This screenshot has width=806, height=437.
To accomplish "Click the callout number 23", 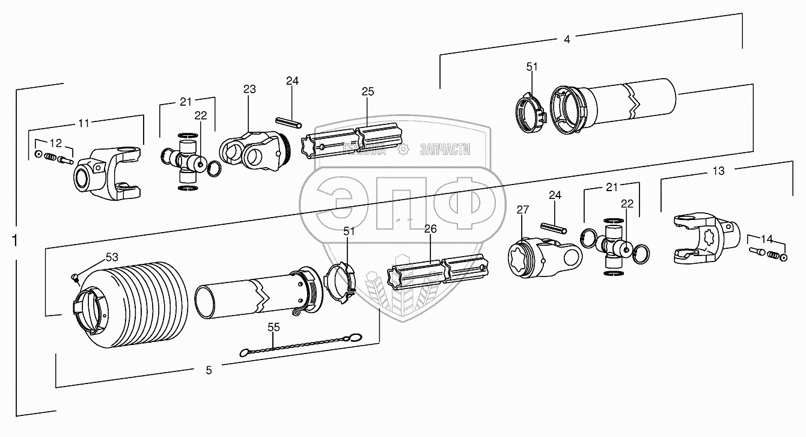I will click(249, 89).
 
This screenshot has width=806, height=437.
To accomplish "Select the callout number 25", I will click(368, 91).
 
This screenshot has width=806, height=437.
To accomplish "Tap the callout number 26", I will click(430, 229).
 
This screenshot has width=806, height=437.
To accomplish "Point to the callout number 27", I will click(523, 210).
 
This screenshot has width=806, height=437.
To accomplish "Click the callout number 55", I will click(273, 327).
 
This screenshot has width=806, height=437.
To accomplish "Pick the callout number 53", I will click(112, 257).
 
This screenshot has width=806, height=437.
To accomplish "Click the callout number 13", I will click(718, 171).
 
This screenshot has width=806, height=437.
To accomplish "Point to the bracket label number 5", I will click(209, 370).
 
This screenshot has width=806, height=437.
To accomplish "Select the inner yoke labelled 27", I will click(541, 257).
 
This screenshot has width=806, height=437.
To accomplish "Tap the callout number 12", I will click(55, 143).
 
